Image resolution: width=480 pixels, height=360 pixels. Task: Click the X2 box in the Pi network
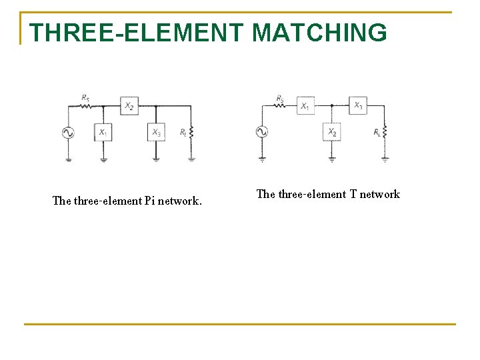pos(129,105)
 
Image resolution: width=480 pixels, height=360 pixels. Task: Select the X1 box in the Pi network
pos(103,132)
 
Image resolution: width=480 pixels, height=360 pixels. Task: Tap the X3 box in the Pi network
pos(156,132)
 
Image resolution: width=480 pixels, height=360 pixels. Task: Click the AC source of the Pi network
pos(68,133)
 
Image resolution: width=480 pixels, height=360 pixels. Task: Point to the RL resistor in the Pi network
pos(191,133)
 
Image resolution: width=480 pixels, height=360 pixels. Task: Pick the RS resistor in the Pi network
pos(85,105)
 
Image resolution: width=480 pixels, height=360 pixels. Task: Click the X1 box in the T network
pos(305,105)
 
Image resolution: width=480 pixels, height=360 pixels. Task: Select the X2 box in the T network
pos(332,132)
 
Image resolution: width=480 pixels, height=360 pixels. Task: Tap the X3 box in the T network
pos(358,105)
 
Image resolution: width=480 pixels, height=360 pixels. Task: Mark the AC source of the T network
pos(262,132)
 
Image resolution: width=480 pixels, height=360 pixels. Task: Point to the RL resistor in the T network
pos(385,132)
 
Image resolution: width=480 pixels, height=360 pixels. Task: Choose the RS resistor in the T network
pos(281,105)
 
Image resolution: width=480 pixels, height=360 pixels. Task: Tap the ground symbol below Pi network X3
pos(156,159)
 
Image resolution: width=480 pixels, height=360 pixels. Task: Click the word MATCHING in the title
pos(319,33)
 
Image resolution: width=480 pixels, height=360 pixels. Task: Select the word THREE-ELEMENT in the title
pos(137,33)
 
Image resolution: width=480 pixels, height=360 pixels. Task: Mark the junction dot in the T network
pos(332,105)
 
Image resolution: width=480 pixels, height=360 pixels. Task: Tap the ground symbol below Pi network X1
pos(103,159)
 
